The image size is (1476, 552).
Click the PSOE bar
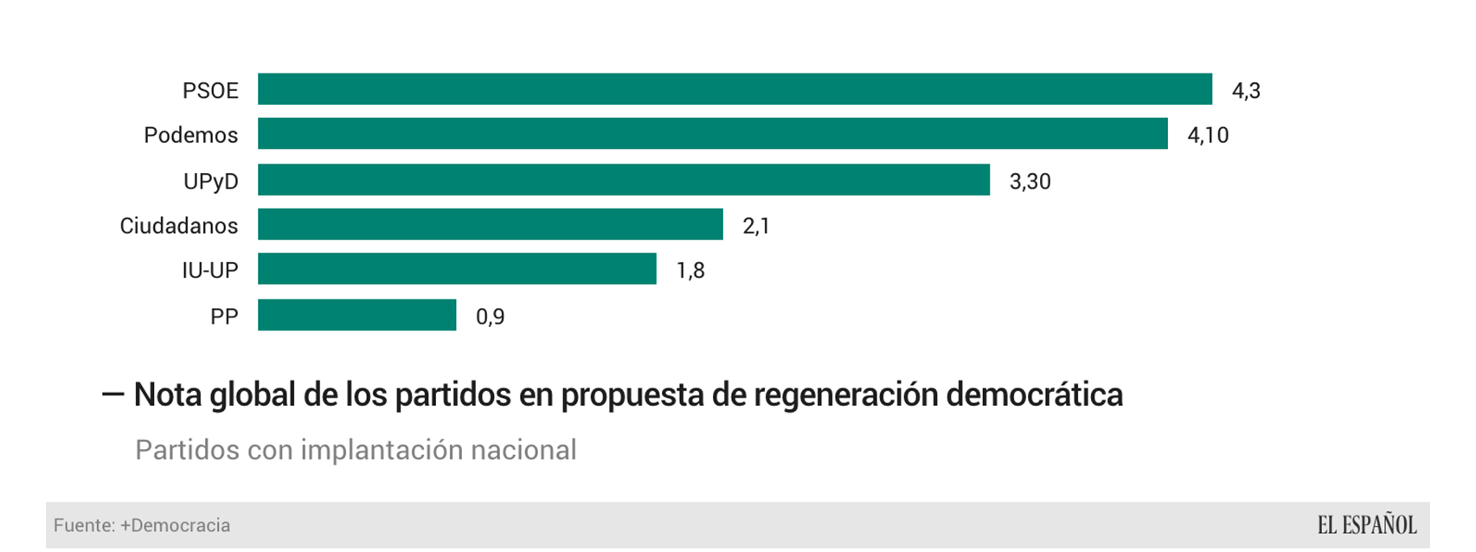(735, 89)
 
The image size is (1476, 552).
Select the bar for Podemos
(712, 134)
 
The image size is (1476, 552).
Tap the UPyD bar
(623, 180)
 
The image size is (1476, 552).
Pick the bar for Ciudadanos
(490, 224)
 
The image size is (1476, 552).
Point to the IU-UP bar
(457, 269)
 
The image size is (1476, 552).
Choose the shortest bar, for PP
(356, 315)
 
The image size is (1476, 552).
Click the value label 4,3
(1246, 91)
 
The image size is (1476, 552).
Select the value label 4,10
(1208, 136)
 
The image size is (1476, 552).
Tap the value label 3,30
(1030, 182)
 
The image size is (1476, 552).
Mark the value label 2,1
(756, 227)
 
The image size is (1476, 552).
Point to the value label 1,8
(690, 271)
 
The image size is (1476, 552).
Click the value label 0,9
(490, 317)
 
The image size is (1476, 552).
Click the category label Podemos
(190, 136)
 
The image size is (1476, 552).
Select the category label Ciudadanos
(178, 227)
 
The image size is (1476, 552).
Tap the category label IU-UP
(209, 271)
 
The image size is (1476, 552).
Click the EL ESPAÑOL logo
(1367, 525)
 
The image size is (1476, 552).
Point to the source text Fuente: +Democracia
(142, 525)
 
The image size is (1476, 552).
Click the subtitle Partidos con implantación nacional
(356, 450)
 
